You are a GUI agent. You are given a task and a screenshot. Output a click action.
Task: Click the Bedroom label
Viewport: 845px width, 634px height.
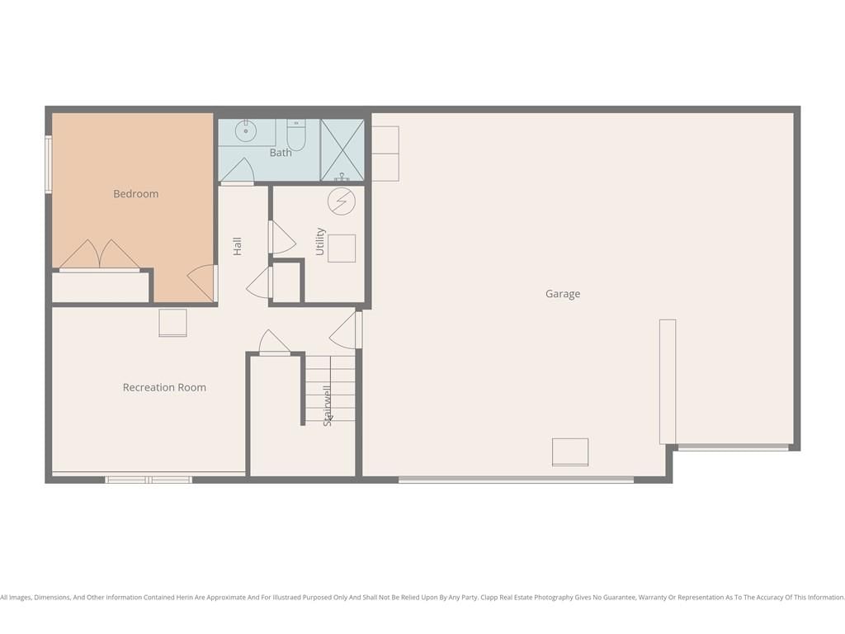(136, 194)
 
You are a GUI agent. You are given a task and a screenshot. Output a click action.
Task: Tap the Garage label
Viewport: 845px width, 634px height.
(563, 294)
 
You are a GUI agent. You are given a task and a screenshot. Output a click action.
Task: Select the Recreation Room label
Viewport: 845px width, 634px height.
(164, 387)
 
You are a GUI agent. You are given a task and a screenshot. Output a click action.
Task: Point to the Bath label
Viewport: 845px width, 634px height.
(281, 153)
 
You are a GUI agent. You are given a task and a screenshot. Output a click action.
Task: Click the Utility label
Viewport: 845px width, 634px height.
(320, 242)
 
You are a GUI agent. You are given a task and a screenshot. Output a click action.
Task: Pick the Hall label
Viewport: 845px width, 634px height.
(237, 246)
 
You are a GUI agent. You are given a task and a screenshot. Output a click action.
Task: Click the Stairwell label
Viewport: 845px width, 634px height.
(327, 405)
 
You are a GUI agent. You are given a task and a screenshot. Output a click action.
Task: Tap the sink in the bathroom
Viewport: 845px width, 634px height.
(246, 131)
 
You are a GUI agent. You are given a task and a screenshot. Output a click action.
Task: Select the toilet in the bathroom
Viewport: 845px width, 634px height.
(296, 135)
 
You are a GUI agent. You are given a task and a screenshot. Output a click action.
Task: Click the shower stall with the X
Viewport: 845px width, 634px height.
(342, 150)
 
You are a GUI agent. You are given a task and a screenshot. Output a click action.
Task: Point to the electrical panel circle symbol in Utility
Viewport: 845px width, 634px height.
(342, 201)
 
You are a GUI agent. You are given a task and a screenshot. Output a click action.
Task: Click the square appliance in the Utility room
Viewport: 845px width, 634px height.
(342, 248)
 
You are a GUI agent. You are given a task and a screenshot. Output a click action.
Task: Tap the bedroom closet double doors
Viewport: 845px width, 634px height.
(100, 254)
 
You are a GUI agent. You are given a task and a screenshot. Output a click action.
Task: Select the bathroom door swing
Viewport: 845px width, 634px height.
(237, 171)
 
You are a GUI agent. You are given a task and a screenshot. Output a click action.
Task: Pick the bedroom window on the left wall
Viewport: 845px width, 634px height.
(49, 164)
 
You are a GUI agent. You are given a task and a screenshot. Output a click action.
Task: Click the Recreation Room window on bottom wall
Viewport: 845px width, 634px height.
(149, 480)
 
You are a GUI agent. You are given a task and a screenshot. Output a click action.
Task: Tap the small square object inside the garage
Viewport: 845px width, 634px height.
(570, 452)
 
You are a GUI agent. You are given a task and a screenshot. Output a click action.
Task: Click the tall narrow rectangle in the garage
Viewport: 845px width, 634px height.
(668, 381)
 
